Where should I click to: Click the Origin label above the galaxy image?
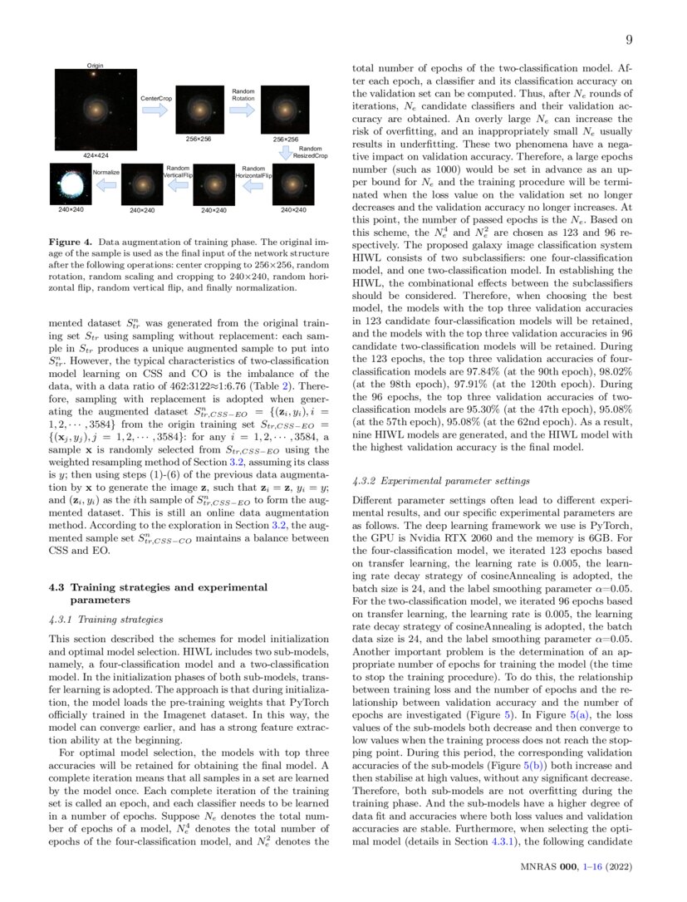(96, 65)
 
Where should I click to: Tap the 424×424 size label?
(96, 155)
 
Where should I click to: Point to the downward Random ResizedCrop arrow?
(285, 153)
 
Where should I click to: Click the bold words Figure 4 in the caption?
(74, 242)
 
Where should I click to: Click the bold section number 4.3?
(59, 588)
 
